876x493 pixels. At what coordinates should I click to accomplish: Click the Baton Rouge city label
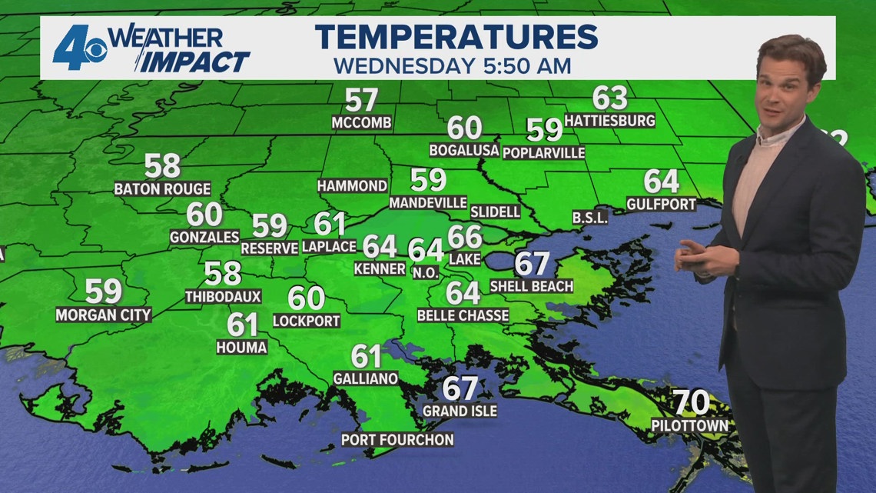(162, 188)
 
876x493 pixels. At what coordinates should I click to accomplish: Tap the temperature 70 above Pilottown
(689, 402)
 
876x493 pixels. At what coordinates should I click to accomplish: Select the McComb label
(362, 123)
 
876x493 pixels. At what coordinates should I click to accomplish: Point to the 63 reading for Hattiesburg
(609, 98)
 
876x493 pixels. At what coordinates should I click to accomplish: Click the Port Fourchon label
(398, 440)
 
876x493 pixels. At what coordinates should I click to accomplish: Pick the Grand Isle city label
(460, 411)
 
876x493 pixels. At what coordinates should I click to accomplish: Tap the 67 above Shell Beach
(532, 264)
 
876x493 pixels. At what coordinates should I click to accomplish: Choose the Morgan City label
(103, 315)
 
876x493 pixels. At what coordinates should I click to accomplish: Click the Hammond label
(352, 186)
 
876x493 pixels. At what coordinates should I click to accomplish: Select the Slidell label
(495, 211)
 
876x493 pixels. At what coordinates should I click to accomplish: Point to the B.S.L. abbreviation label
(589, 218)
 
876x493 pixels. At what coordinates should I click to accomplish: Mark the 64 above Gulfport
(661, 182)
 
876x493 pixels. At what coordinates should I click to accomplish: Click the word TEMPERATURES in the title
(456, 37)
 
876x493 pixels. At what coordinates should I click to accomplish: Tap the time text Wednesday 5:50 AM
(452, 66)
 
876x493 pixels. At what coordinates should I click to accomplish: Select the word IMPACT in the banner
(194, 62)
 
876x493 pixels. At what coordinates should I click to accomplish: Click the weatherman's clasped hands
(700, 258)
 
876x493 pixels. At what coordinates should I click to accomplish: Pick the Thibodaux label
(223, 296)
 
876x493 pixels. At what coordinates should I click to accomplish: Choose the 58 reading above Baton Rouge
(162, 165)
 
